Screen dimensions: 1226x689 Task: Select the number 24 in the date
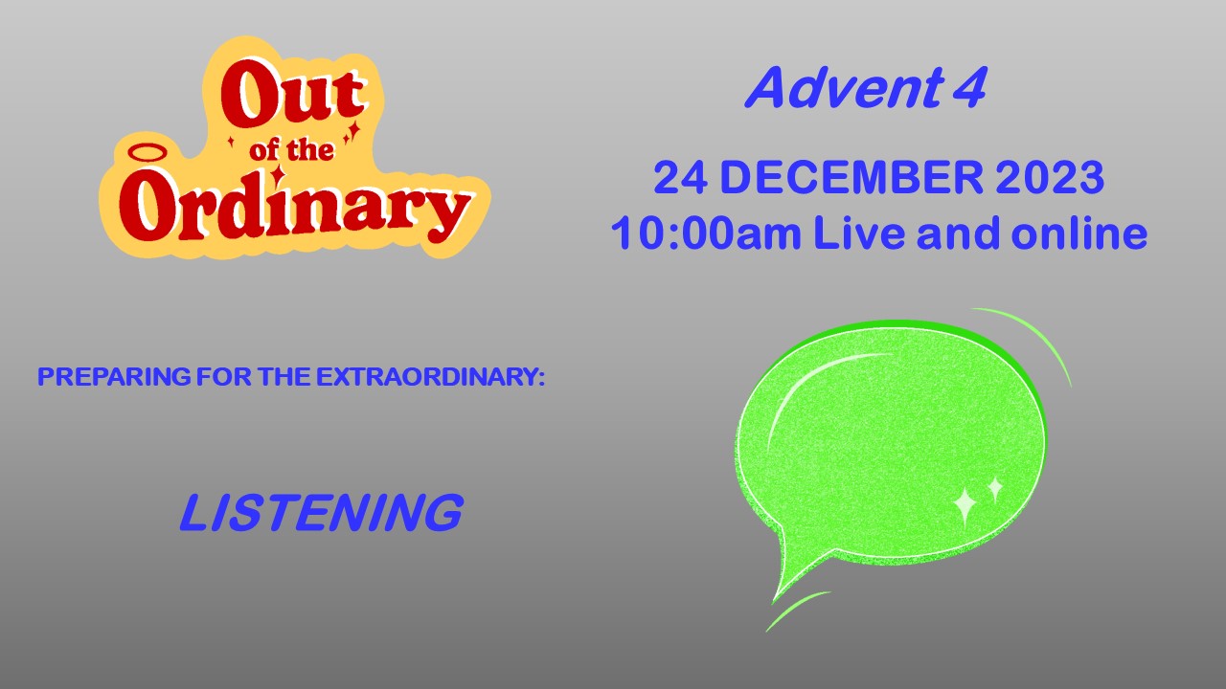(680, 177)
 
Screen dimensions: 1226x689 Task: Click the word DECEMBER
(851, 177)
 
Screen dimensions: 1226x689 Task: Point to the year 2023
(1049, 177)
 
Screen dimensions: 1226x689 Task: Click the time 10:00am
(706, 233)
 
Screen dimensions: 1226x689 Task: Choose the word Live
(859, 233)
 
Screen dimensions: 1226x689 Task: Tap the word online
(1078, 233)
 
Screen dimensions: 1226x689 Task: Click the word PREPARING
(114, 377)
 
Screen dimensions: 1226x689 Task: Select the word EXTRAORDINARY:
(430, 377)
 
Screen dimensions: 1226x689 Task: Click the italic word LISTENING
(321, 512)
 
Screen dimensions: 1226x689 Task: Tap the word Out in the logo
(293, 93)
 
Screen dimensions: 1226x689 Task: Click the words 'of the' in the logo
(291, 149)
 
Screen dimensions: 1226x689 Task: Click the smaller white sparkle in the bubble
(995, 489)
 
